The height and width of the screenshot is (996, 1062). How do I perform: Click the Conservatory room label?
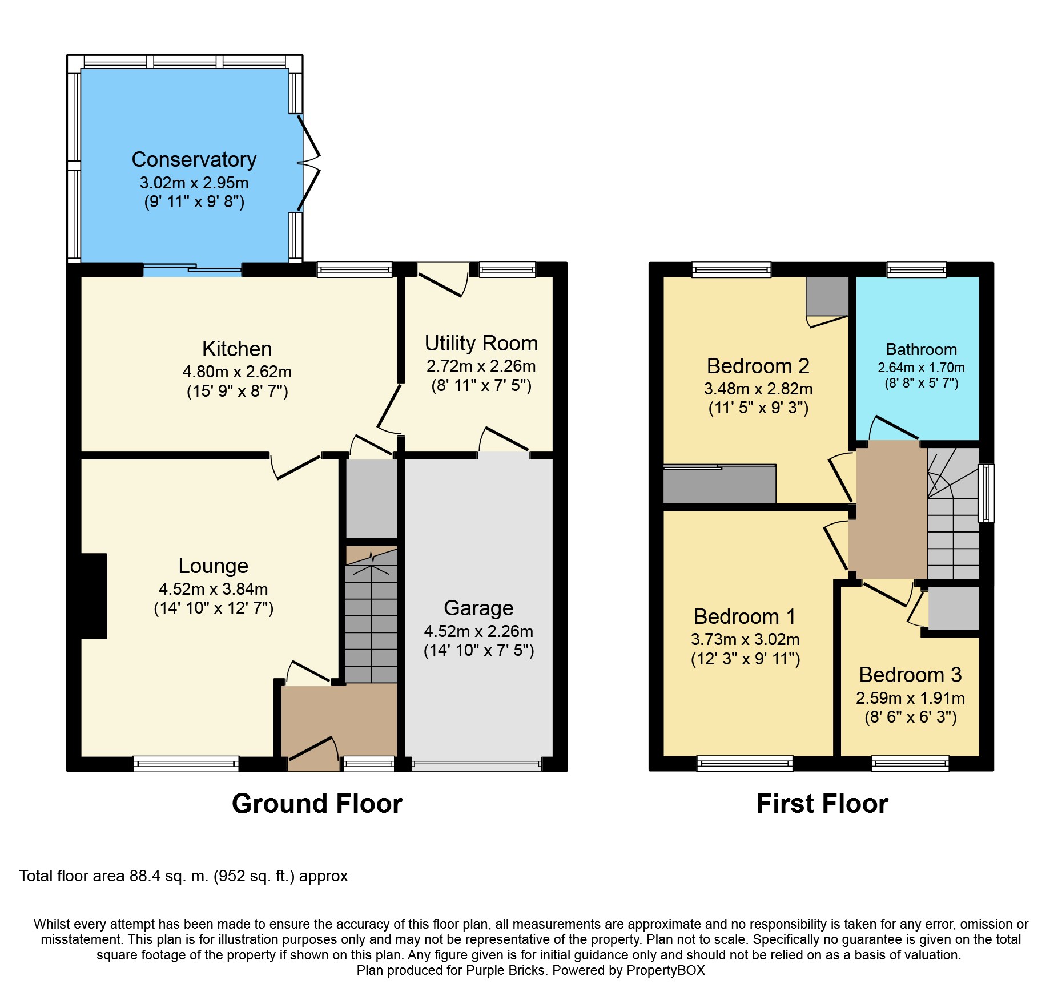tap(194, 159)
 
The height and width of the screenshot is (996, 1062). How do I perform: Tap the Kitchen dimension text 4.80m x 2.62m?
tap(237, 372)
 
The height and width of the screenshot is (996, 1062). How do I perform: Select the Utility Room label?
tap(481, 343)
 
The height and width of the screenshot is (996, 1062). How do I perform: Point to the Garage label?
tap(478, 608)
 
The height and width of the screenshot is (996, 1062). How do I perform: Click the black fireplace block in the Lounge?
tap(94, 595)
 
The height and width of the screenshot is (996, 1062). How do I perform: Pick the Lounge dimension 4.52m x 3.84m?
tap(213, 588)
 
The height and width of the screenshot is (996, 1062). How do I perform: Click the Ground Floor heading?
tap(317, 804)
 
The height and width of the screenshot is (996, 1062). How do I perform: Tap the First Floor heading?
tap(822, 804)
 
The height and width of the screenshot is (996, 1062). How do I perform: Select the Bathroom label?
tap(921, 349)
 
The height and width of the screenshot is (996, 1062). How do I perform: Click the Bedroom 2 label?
tap(758, 366)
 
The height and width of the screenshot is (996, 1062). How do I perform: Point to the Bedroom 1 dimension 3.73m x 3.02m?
tap(745, 639)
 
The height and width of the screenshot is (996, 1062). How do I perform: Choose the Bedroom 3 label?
tap(910, 675)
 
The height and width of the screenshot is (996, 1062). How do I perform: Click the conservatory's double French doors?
tap(308, 163)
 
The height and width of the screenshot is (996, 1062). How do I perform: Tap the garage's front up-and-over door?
tap(476, 765)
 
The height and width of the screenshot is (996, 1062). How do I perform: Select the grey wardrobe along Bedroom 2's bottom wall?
tap(719, 485)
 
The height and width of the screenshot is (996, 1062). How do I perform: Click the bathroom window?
tap(916, 269)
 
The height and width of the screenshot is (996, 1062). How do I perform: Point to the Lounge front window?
tap(186, 764)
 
